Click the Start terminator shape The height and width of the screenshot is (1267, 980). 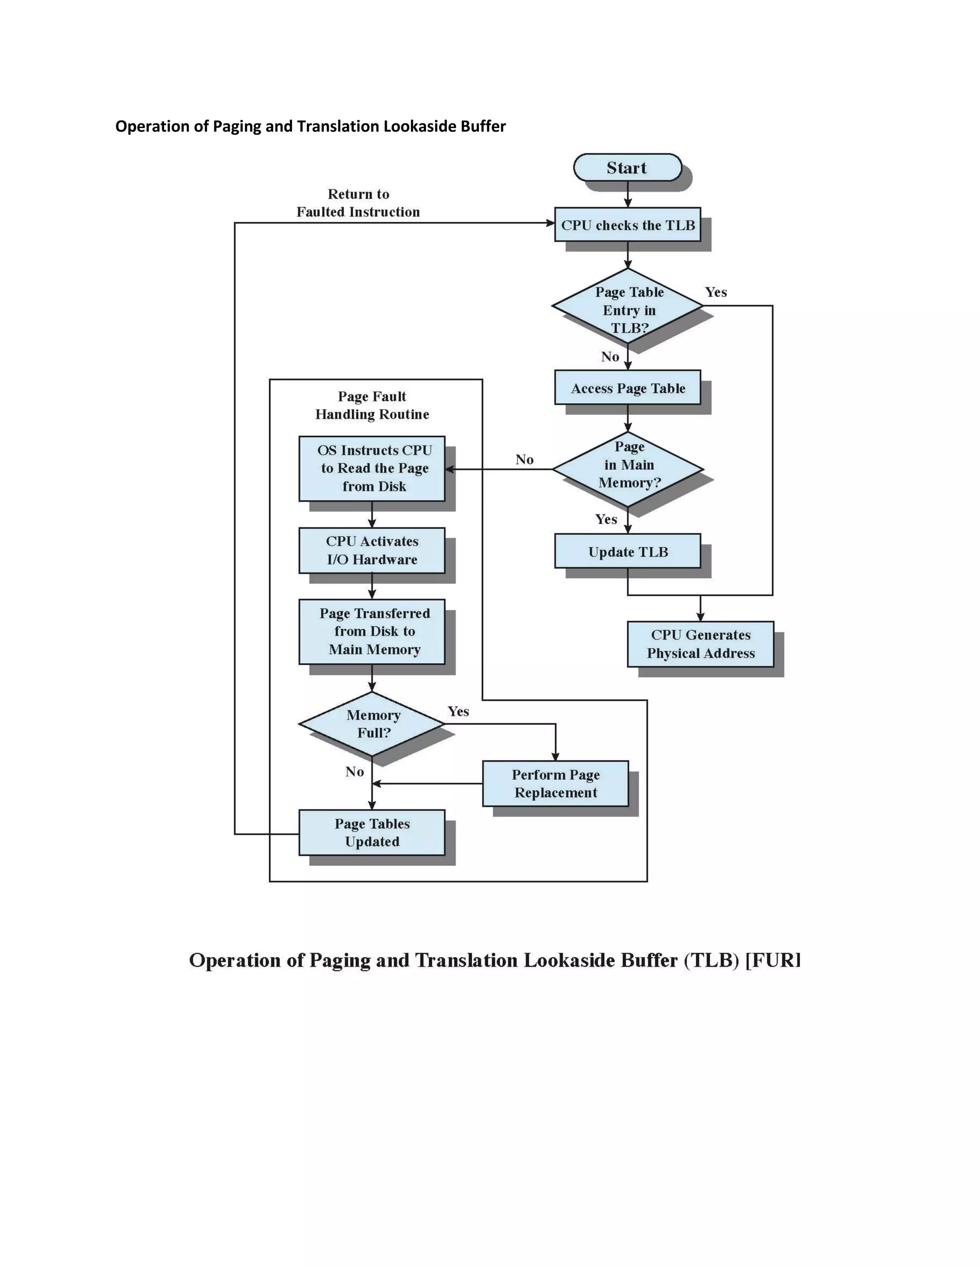click(x=627, y=168)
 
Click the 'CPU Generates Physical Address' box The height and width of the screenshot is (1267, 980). click(x=700, y=644)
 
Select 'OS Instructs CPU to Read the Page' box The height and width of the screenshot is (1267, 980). click(x=372, y=469)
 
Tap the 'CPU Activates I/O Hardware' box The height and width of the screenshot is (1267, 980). click(x=372, y=550)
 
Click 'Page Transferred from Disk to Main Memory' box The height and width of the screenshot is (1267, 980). click(x=372, y=632)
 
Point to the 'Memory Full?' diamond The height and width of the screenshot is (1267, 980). click(x=372, y=724)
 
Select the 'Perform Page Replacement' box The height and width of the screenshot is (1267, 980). click(x=556, y=784)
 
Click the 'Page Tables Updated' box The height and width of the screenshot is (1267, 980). click(x=372, y=832)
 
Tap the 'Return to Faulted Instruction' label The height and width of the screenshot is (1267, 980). click(x=358, y=203)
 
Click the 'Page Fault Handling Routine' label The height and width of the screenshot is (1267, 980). click(x=372, y=405)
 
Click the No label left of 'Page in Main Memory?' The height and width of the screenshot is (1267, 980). click(x=524, y=459)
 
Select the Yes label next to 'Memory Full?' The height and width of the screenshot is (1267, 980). click(x=458, y=712)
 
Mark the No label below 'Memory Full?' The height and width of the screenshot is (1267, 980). click(x=354, y=772)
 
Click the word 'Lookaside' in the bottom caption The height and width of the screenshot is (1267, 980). click(x=569, y=961)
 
